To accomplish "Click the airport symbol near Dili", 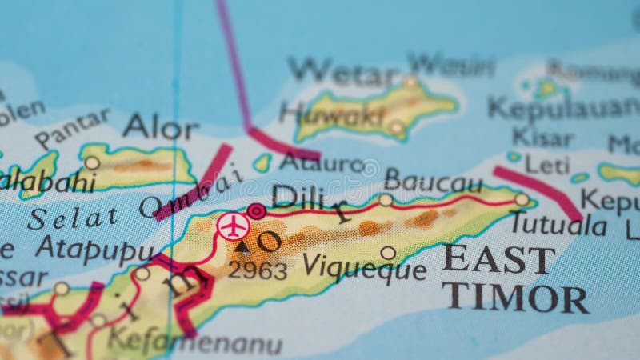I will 232,226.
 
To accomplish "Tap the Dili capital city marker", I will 256,211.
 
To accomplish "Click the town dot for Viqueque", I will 388,253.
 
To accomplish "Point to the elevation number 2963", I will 258,270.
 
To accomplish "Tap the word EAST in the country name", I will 499,260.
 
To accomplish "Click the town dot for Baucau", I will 386,199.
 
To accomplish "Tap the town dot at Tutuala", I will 522,199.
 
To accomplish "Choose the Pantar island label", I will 72,129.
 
